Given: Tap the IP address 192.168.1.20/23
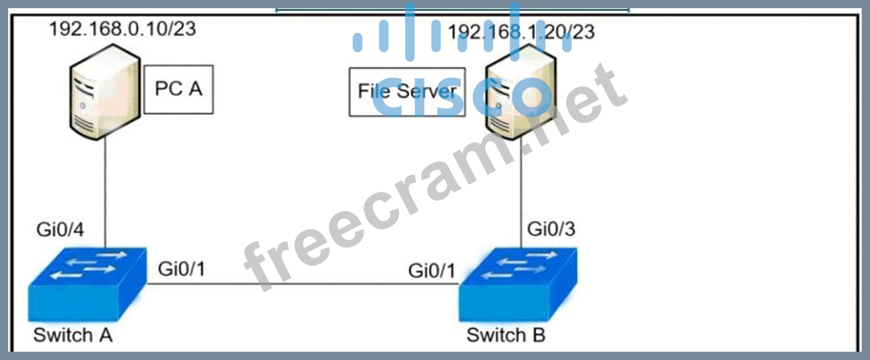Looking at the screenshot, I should click(521, 32).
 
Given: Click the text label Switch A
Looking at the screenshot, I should click(73, 335).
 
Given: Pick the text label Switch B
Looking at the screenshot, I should click(506, 336).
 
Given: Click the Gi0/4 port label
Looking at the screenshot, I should click(60, 229).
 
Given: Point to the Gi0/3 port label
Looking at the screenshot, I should click(551, 229).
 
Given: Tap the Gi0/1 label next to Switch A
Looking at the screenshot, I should click(181, 270).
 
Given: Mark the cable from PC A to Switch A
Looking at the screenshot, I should click(105, 192).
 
